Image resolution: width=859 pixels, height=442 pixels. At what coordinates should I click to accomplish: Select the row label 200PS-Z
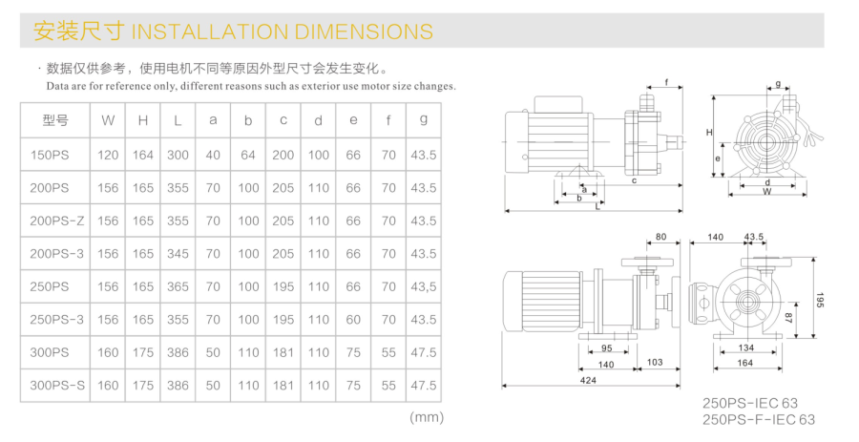[57, 221]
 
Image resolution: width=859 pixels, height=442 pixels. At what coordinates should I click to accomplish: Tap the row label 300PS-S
[57, 386]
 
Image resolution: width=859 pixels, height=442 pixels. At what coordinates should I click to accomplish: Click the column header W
[108, 120]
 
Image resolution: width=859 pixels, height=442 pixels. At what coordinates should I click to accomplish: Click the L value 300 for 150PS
[178, 155]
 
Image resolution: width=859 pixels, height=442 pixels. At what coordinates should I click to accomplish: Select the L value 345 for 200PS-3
[178, 254]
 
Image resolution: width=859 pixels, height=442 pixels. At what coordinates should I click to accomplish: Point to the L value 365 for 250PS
[178, 286]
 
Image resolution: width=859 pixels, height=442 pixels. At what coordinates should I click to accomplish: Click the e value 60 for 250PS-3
[353, 320]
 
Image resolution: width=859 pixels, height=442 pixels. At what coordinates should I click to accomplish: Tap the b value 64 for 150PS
[248, 155]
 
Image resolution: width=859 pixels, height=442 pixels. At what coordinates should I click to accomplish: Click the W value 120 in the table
[108, 155]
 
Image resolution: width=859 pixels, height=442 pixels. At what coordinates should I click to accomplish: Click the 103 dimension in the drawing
[655, 364]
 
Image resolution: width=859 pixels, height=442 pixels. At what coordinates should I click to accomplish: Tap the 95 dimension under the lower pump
[607, 347]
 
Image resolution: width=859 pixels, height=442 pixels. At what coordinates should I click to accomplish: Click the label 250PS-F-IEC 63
[759, 420]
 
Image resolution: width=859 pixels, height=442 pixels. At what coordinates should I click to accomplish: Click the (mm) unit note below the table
[426, 417]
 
